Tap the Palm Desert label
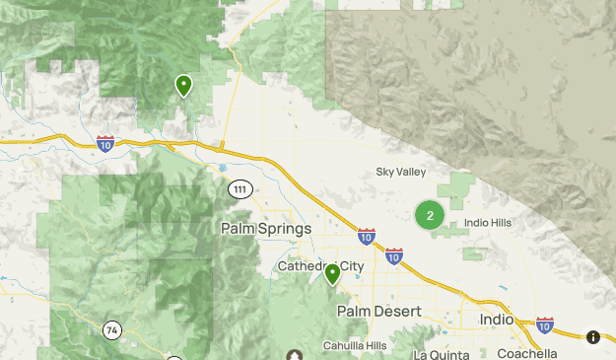click(x=378, y=311)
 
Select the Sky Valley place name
click(x=401, y=173)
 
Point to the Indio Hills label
click(x=488, y=223)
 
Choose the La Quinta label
click(x=445, y=353)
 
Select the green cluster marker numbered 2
click(x=429, y=215)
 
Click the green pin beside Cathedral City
click(x=333, y=273)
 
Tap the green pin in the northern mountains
click(x=183, y=86)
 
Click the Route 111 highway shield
click(x=240, y=188)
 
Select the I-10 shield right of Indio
click(x=545, y=324)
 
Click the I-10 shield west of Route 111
click(x=106, y=143)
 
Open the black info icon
click(x=593, y=337)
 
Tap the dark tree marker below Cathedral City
click(x=294, y=355)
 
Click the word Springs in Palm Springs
click(x=282, y=228)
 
